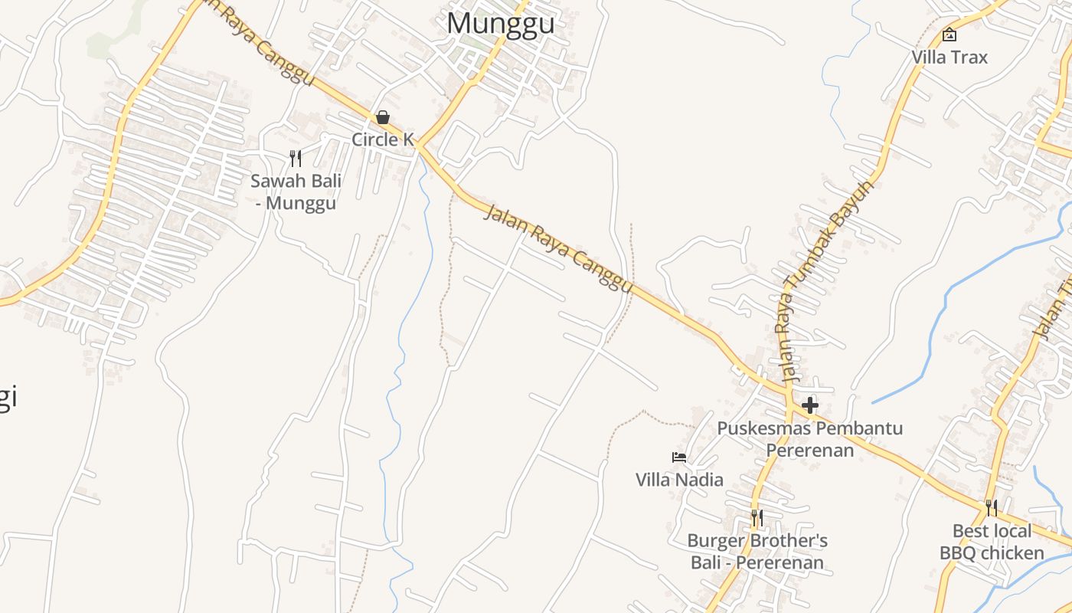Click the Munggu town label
500,23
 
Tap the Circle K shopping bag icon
383,117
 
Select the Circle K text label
383,139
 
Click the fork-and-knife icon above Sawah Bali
296,159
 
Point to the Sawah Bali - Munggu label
296,192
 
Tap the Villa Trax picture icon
949,34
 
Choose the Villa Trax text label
949,57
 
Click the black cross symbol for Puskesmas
810,405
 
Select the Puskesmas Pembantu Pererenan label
810,439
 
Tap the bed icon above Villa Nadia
679,457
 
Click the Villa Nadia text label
679,480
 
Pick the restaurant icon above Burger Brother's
757,518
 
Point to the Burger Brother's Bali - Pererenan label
757,552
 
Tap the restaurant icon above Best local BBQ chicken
992,508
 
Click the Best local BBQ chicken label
992,542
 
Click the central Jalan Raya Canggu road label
559,248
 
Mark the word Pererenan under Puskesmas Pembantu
810,450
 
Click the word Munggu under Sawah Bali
301,203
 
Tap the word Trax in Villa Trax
969,57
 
